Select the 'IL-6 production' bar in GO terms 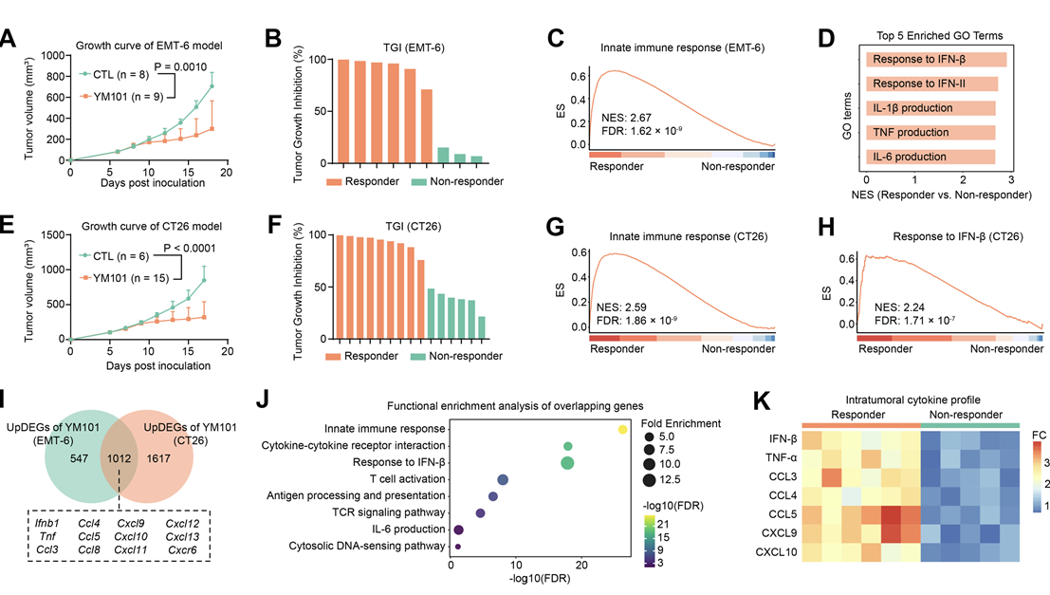pos(930,157)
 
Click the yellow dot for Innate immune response pos(622,429)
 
